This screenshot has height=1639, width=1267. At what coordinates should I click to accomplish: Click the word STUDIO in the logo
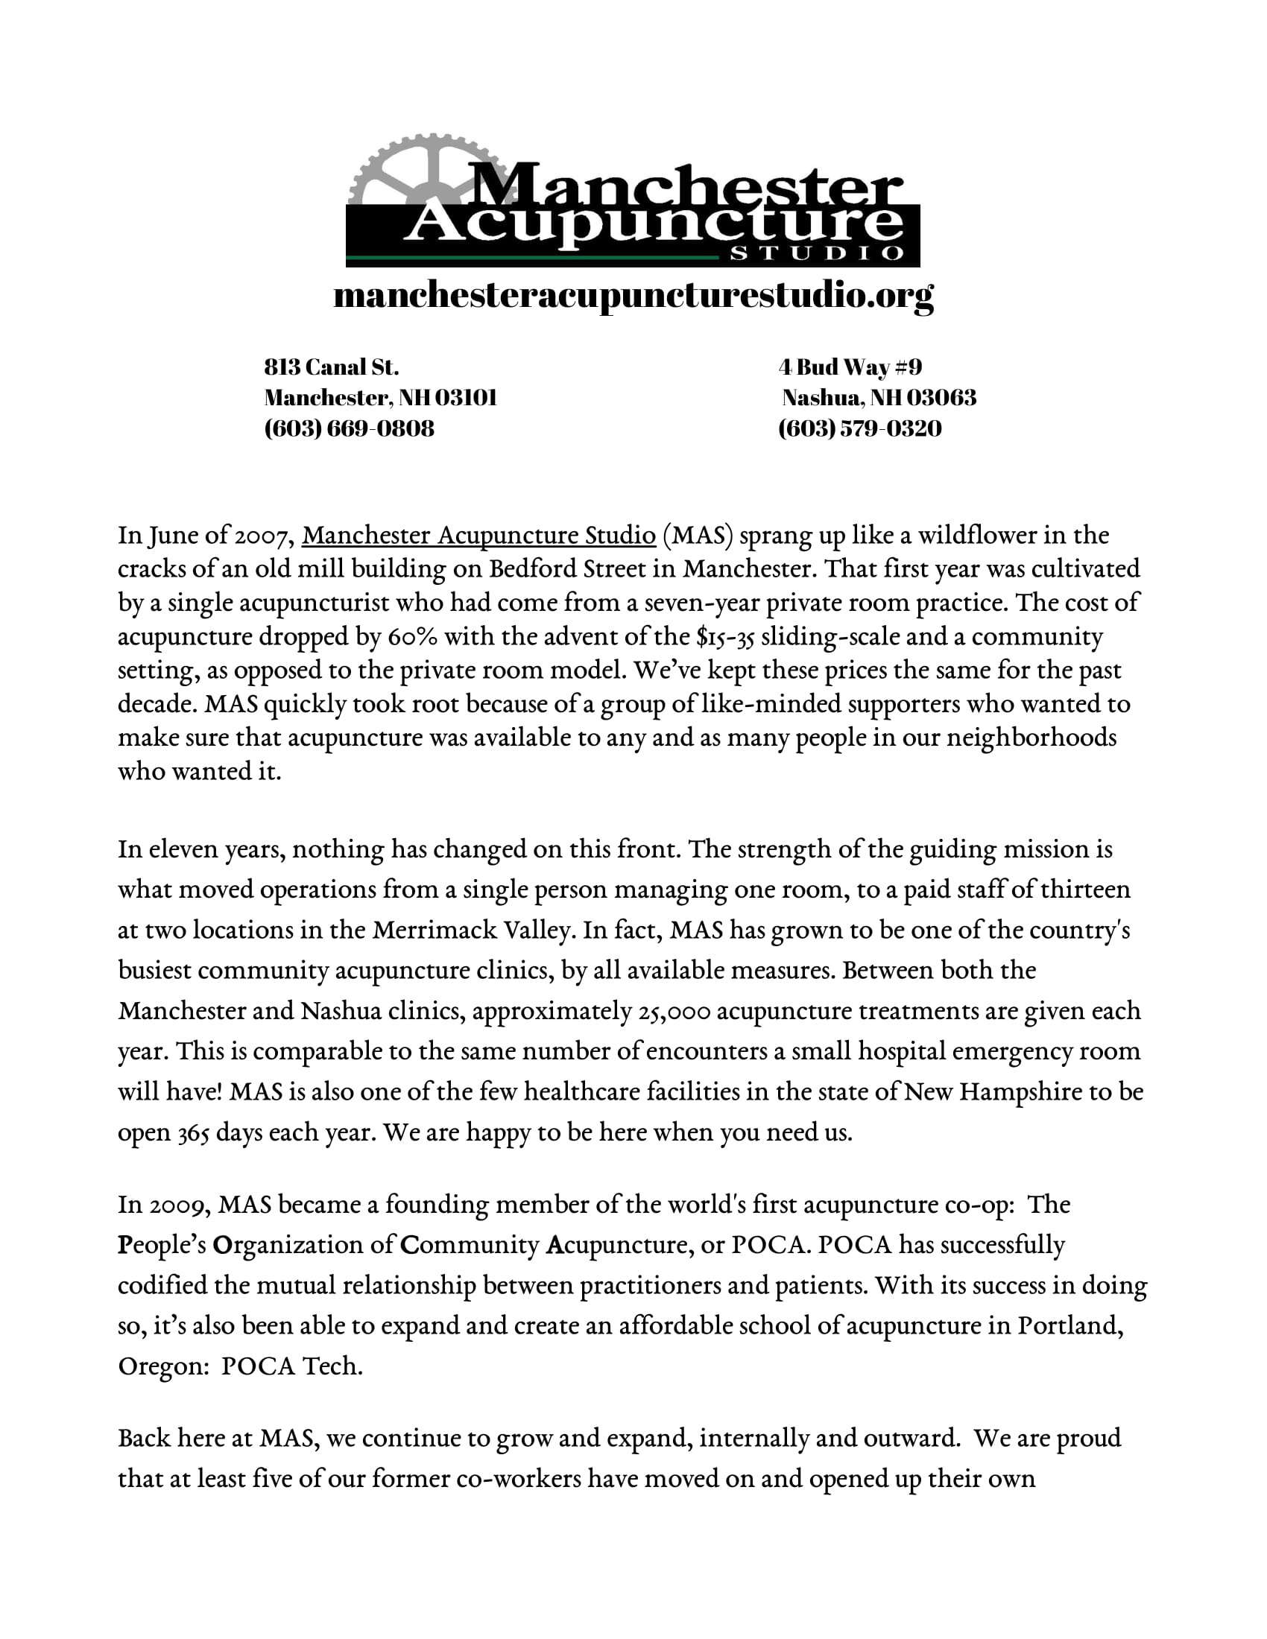pos(817,253)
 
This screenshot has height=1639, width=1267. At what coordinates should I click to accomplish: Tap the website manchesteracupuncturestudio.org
pos(633,295)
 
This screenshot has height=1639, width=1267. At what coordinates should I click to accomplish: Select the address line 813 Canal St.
pos(331,367)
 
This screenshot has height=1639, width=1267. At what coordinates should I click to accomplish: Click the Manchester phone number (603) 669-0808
pos(349,428)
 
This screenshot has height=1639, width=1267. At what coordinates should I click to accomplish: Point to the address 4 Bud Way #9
pos(850,367)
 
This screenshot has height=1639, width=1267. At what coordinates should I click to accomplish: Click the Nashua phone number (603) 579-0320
pos(859,428)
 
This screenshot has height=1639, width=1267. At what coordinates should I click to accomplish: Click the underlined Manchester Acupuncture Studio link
pos(479,535)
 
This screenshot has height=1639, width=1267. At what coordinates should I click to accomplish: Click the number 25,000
pos(674,1011)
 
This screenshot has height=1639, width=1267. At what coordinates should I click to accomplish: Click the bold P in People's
pos(124,1245)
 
